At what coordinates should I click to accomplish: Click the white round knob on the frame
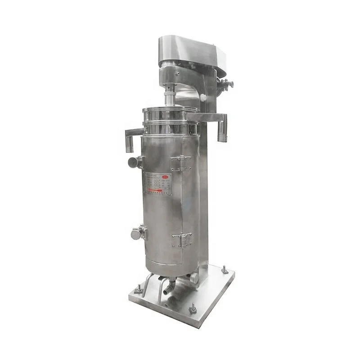(203, 97)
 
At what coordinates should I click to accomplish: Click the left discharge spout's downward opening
(129, 145)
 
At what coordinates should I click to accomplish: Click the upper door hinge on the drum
(182, 162)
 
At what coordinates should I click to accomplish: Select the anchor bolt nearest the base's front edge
(192, 308)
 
